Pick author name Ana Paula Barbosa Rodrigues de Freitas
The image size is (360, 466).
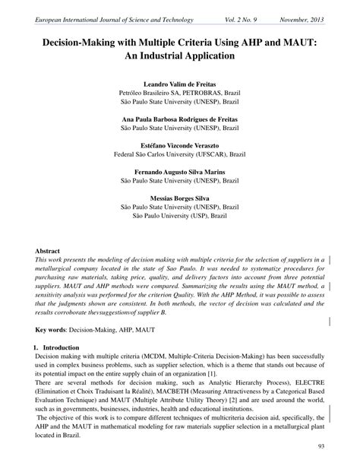pos(180,119)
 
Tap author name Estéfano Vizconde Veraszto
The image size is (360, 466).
pos(180,144)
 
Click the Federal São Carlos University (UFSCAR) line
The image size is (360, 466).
pos(180,154)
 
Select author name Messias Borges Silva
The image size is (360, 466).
pos(180,198)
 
